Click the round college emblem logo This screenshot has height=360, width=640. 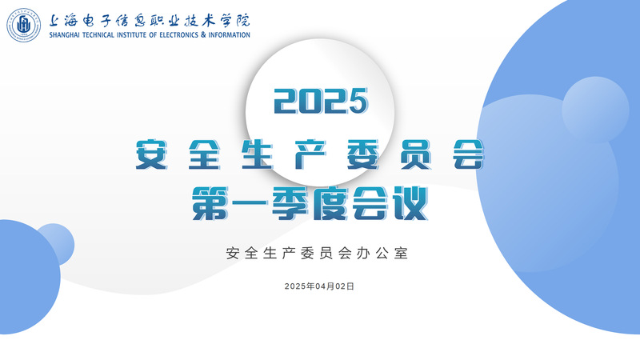point(24,25)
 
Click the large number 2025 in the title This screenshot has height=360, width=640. point(321,101)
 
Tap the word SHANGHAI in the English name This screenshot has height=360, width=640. point(65,35)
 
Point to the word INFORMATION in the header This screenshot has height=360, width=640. point(229,35)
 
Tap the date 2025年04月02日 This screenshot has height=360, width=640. point(319,286)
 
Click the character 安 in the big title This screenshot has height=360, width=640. point(151,154)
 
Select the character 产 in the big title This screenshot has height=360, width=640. point(310,154)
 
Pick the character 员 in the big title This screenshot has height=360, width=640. point(416,154)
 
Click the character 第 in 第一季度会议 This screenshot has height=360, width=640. point(210,203)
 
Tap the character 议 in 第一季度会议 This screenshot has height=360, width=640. point(410,203)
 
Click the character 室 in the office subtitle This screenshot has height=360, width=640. point(401,253)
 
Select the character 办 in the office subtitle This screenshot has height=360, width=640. point(363,253)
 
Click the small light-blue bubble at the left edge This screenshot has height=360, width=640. point(55,244)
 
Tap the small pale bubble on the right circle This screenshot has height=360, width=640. point(595,110)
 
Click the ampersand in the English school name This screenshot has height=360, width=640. point(203,35)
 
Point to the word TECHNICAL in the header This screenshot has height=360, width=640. point(98,35)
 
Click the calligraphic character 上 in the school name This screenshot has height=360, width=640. point(56,20)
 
